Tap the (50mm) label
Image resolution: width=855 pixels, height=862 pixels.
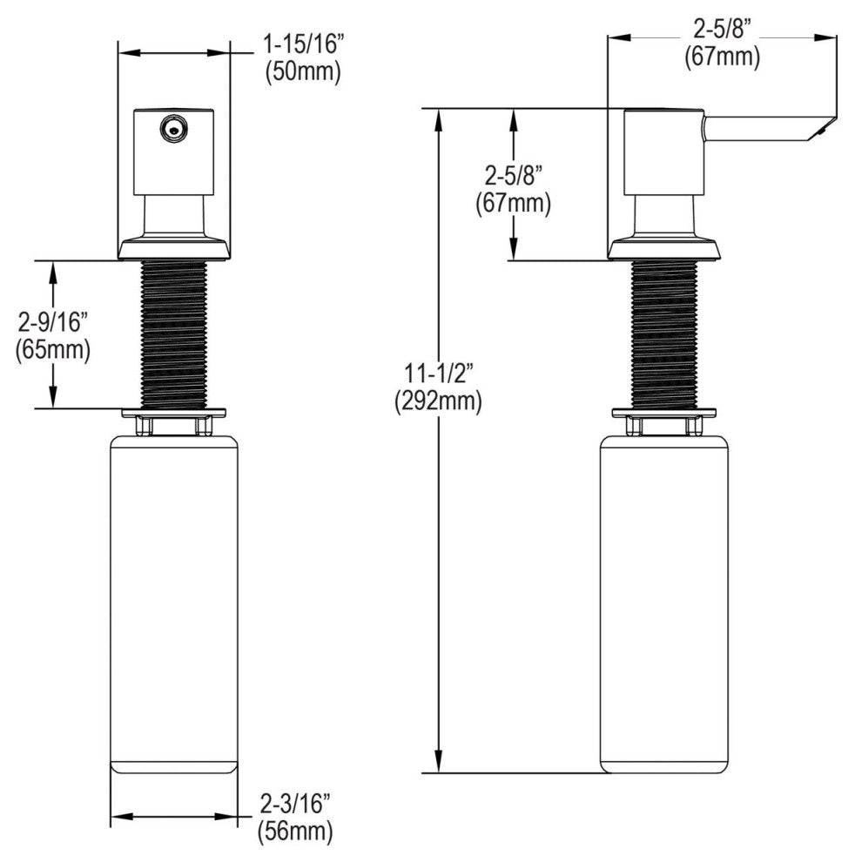point(303,72)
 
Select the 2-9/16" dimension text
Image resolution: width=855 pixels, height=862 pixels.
point(53,323)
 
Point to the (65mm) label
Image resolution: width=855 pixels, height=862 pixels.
point(53,350)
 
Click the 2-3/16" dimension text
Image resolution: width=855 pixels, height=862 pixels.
point(294,804)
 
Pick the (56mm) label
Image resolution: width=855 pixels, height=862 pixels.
point(295,832)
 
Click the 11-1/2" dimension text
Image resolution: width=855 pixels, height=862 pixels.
point(439,374)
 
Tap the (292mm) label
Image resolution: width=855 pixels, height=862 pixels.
point(438,402)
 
